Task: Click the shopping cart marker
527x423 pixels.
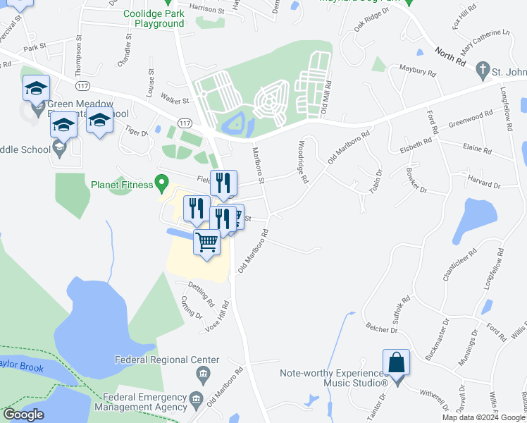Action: (x=206, y=243)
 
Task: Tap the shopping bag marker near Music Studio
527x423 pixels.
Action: (x=397, y=363)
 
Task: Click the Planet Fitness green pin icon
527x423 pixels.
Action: (x=161, y=185)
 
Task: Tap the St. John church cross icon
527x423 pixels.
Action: (x=483, y=70)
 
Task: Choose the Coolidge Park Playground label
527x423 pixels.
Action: (x=154, y=18)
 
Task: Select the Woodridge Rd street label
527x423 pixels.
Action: (x=302, y=163)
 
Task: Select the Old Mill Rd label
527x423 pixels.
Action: (x=325, y=99)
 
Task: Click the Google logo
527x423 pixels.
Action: (x=23, y=415)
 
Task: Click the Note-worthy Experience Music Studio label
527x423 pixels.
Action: (x=333, y=378)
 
